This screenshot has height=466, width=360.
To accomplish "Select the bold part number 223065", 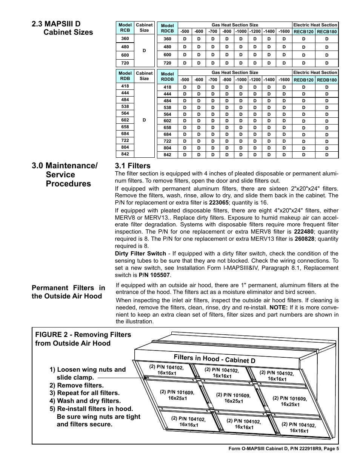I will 219,202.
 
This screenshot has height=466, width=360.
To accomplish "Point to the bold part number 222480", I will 305,232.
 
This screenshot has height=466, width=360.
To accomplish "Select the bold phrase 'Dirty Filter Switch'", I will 140,254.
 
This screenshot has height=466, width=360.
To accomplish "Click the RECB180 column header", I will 327,32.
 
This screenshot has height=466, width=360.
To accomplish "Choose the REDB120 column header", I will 304,80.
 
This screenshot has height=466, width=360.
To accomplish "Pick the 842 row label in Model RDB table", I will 125,154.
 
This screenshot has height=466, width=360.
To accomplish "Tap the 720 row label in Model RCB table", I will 125,63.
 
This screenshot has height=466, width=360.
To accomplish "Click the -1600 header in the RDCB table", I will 284,32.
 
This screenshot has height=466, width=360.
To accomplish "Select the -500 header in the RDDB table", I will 185,80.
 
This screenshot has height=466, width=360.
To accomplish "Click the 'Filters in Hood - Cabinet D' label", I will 214,359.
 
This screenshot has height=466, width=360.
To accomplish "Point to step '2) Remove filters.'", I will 77,385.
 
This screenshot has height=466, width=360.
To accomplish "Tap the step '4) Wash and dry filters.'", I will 85,401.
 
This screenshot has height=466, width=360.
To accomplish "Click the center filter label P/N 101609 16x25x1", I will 233,398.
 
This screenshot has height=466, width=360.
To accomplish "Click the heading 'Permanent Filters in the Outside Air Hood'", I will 68,292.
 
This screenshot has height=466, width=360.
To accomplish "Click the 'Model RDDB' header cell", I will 167,77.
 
